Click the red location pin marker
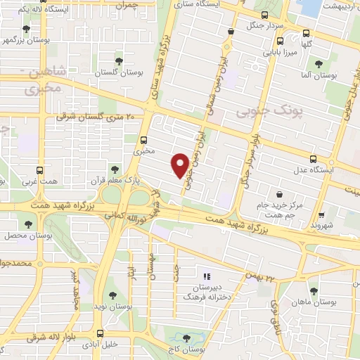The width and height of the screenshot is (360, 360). (x=180, y=165)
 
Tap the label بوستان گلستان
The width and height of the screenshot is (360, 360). (x=114, y=73)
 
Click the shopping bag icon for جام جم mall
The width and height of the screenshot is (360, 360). (x=281, y=193)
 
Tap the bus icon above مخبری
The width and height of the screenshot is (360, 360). (x=143, y=139)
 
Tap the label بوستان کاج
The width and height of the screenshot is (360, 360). (x=191, y=349)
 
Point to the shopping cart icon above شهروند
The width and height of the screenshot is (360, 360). (x=321, y=214)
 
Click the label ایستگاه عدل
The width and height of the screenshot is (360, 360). (x=325, y=170)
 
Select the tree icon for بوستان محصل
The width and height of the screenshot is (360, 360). (x=28, y=224)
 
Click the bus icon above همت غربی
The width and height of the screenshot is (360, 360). (x=39, y=170)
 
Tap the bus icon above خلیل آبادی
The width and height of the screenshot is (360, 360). (x=101, y=333)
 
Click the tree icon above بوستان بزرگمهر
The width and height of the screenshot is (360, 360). (x=27, y=29)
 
